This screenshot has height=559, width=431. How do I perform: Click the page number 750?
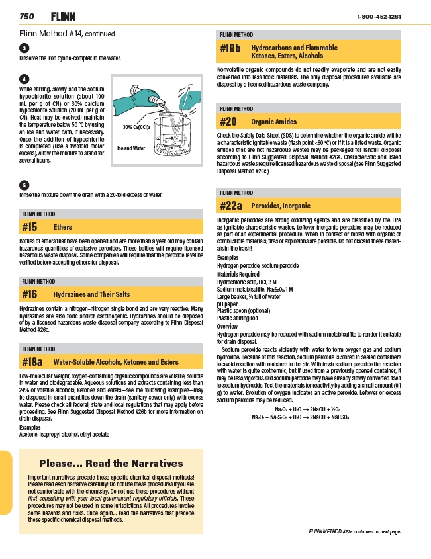point(27,16)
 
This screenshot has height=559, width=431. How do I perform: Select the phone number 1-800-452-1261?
point(379,16)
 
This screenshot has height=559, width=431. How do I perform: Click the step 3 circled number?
point(24,48)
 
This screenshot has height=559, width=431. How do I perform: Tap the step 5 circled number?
point(24,185)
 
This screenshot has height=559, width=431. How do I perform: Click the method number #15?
point(30,227)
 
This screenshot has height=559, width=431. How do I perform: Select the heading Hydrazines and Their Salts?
point(91,294)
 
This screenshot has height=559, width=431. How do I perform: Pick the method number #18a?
point(32,362)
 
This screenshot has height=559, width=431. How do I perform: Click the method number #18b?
point(230,48)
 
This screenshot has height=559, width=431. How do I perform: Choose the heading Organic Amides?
point(273,122)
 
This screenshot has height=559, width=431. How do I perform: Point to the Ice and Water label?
point(131,148)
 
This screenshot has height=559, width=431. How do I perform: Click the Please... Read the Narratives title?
point(111,463)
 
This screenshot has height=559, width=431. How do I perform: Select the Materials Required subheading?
point(238,274)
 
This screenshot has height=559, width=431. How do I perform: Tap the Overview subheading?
point(227,327)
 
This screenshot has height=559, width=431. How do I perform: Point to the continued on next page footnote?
point(356,531)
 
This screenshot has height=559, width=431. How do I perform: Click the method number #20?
point(228,122)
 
